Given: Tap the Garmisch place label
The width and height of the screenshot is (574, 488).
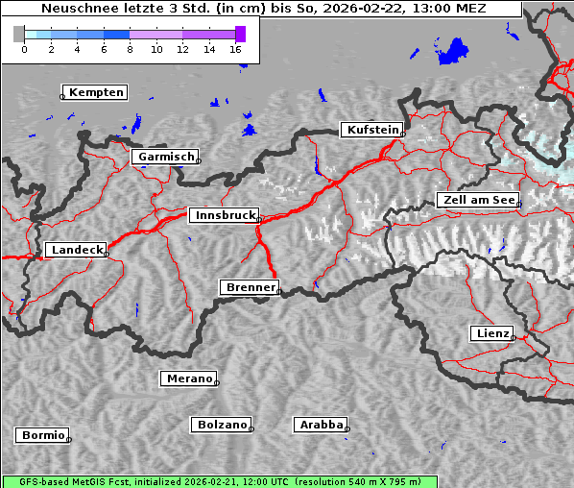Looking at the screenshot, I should point(166,157).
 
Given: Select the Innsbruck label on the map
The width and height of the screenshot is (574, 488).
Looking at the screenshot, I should point(223,216).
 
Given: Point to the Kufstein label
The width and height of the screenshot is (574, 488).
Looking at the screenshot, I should point(371,130).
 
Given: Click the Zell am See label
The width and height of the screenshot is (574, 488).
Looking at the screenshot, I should point(478,200).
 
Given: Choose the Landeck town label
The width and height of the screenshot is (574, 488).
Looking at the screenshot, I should point(76,250).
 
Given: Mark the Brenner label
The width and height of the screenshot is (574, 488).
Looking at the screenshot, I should point(251,287).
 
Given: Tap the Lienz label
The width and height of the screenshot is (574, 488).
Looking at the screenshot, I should point(491,333).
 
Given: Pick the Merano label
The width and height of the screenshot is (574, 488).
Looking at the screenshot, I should point(189,378).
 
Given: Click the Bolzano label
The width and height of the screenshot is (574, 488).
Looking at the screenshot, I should point(223,425).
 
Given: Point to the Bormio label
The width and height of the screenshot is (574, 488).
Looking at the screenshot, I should point(42,435).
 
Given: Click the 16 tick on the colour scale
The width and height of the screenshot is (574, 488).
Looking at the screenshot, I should point(236,49).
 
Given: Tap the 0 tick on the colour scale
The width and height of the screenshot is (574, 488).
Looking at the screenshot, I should point(24,49).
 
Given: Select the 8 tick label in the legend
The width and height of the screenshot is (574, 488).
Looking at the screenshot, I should point(130,49).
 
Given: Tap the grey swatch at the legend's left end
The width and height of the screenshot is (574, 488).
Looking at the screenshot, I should point(18,34).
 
